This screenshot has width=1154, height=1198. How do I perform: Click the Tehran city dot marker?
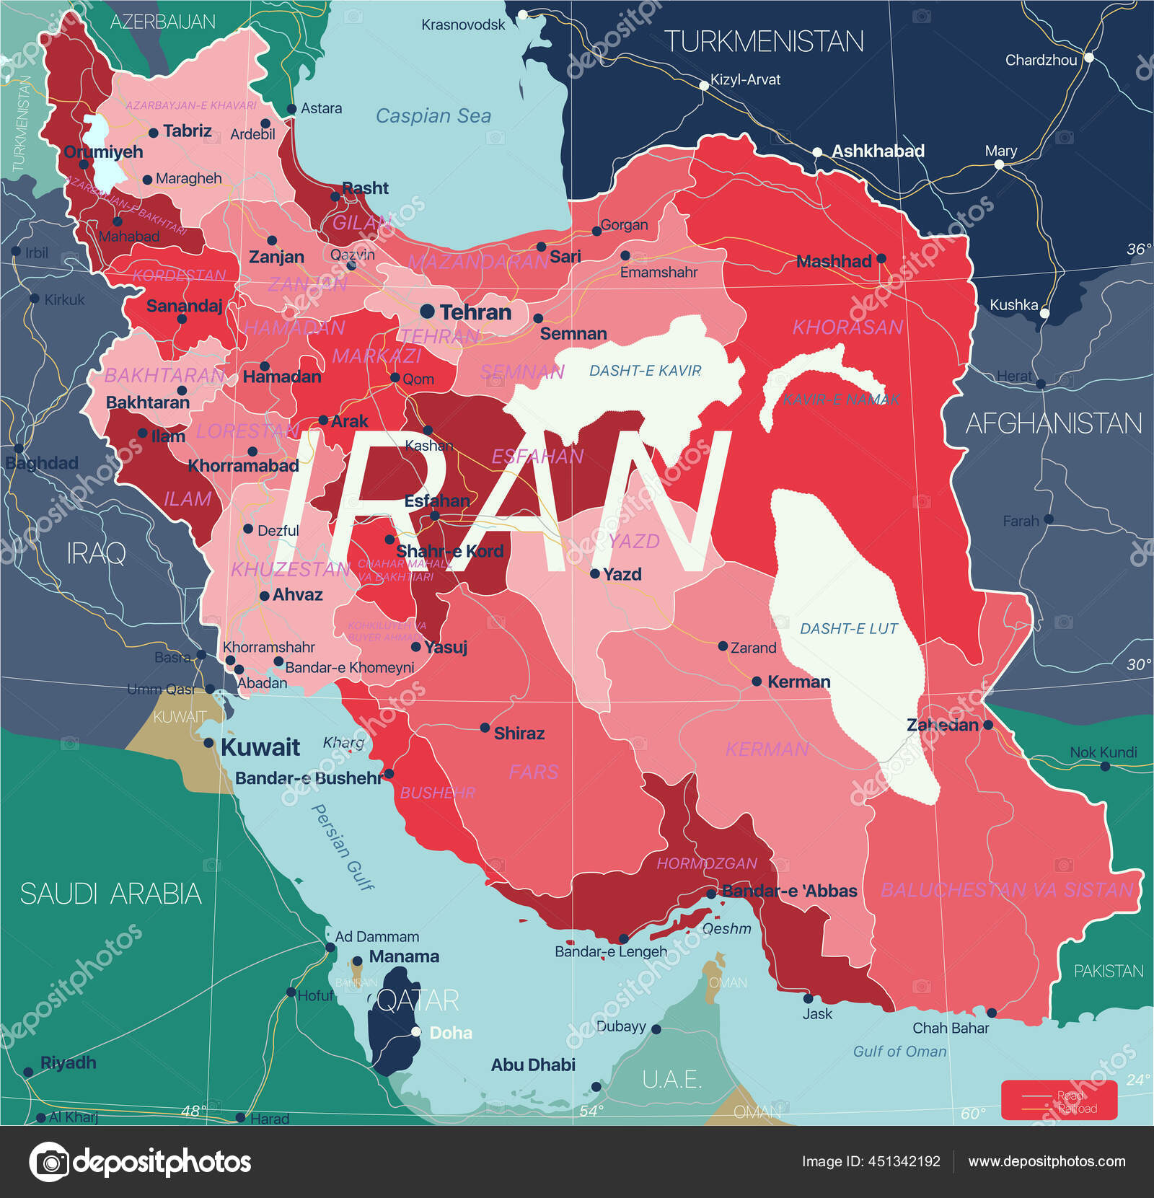click(x=427, y=312)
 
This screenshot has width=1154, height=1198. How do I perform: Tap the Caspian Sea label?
click(x=433, y=116)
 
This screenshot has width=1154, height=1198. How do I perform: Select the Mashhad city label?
click(x=833, y=262)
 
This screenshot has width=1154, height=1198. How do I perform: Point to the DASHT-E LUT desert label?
click(x=848, y=629)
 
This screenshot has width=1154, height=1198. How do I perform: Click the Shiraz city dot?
click(x=485, y=728)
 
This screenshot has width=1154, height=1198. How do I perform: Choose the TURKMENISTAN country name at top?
click(x=763, y=42)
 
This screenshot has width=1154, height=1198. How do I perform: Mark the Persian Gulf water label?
click(x=342, y=847)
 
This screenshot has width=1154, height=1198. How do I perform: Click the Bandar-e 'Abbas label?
click(x=789, y=891)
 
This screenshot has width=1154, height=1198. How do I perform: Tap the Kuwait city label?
click(x=260, y=747)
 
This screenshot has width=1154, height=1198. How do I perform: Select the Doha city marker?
click(x=416, y=1032)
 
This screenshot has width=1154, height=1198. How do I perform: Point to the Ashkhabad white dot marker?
click(x=817, y=152)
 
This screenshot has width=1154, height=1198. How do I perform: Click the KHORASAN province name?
click(x=847, y=327)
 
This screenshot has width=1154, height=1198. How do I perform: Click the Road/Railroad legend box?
click(x=1058, y=1101)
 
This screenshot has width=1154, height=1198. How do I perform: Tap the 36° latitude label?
click(x=1138, y=250)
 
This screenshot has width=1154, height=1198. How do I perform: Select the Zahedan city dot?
click(x=988, y=725)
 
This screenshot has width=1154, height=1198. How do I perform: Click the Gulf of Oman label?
click(x=899, y=1052)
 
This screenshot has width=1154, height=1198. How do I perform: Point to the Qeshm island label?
click(x=726, y=929)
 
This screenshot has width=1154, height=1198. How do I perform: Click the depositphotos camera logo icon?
click(x=49, y=1162)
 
